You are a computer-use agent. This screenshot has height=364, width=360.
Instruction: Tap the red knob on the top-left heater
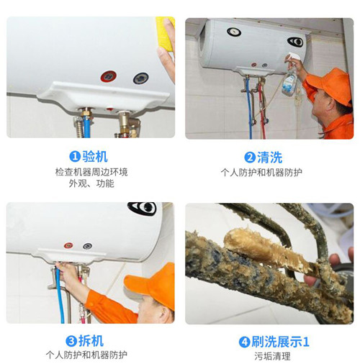click(109, 76)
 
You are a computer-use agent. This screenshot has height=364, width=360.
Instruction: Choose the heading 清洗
click(269, 157)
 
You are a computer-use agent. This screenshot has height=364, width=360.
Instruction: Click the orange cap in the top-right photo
click(331, 84)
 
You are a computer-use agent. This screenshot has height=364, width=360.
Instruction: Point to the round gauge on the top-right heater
click(233, 32)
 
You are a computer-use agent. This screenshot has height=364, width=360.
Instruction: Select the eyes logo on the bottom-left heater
click(142, 208)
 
